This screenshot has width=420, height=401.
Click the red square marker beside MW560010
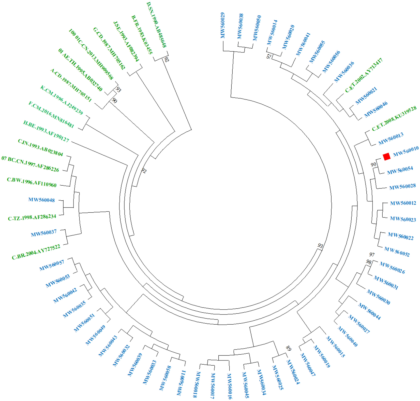tap(386, 157)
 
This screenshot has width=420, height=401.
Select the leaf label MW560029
tap(223, 25)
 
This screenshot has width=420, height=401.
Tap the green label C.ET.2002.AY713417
tap(364, 75)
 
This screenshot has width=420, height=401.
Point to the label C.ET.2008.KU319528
tap(394, 118)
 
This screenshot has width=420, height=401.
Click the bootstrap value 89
tap(288, 349)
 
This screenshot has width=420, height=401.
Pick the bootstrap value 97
tap(372, 254)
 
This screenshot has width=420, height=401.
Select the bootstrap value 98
tap(369, 262)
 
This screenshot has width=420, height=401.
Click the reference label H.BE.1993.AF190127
tap(46, 131)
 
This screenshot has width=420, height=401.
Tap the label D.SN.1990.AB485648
tap(157, 25)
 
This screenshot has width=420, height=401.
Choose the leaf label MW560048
tap(41, 200)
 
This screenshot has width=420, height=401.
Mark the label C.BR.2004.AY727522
tap(36, 252)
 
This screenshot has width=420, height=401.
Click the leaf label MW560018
tap(197, 384)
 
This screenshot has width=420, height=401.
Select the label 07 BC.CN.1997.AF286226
tap(30, 164)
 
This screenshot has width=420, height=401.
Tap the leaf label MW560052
tap(397, 252)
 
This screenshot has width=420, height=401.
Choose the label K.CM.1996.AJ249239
tap(62, 100)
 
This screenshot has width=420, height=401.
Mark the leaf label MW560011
tap(181, 383)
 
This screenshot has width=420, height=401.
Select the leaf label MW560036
tap(344, 72)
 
